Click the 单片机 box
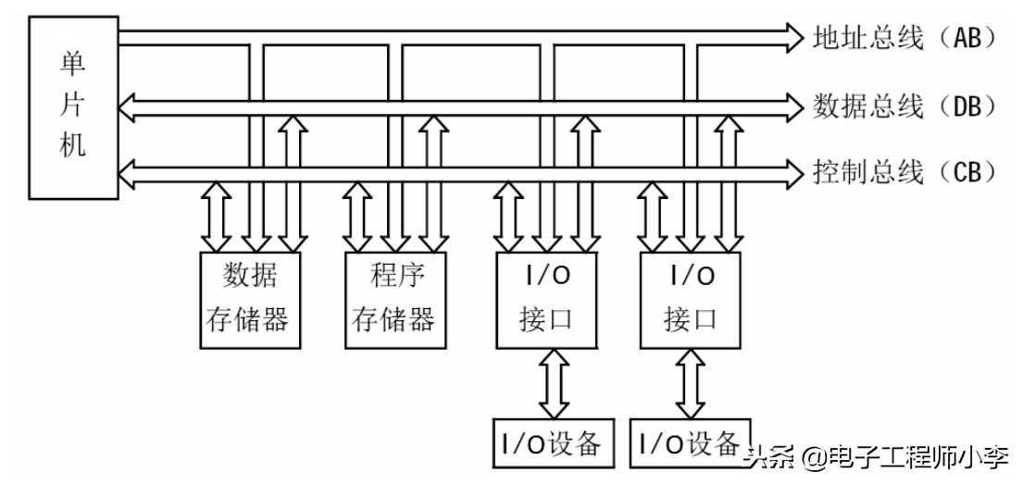click(x=73, y=107)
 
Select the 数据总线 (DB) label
click(x=903, y=105)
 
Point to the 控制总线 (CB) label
click(x=903, y=172)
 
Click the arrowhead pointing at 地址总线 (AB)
click(x=792, y=37)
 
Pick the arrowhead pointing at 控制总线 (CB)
click(x=792, y=172)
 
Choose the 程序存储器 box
click(x=392, y=300)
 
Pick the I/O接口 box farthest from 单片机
click(x=690, y=300)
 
